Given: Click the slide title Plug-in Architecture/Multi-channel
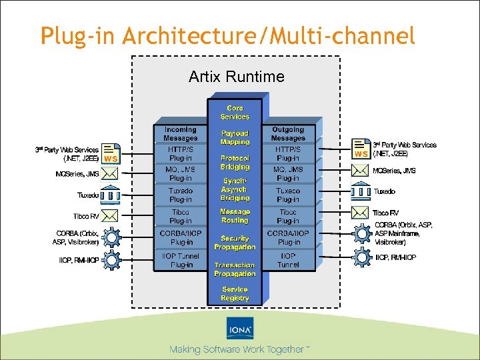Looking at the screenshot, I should pos(227,36).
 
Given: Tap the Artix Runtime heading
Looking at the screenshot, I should pos(236,77).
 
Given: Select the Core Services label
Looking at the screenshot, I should pos(235,112).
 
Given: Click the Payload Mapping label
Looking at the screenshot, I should pos(235,137).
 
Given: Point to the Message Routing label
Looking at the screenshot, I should pos(235,216).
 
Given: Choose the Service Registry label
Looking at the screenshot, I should pos(235,294).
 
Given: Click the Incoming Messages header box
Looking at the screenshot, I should pos(181,133).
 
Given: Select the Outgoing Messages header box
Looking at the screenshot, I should pos(288,133).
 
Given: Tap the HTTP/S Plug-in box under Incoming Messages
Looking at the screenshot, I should pos(181,154).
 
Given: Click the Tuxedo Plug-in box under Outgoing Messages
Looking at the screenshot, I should pos(288,195).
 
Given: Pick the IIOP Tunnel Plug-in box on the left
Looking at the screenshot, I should pos(181,261).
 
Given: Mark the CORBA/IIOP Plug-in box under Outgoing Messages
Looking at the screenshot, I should pos(288,238).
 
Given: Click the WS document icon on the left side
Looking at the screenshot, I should pos(111,153).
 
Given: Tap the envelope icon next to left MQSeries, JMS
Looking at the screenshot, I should pos(111,174).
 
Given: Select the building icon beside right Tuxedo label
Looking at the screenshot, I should pos(361,192).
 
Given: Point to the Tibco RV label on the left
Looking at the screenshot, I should pos(86,217).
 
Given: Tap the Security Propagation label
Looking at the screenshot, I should pos(235,242).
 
